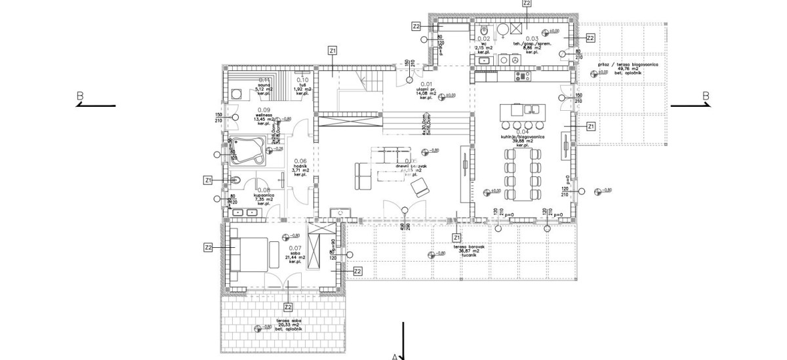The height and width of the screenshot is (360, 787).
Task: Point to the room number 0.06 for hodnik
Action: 300,161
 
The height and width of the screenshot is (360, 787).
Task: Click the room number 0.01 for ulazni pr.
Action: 427,84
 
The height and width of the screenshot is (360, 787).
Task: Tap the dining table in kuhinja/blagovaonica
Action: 522,170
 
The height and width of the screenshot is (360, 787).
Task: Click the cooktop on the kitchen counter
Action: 523,76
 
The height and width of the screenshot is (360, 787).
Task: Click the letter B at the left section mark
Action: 80,96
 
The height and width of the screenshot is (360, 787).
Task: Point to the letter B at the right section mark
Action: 706,96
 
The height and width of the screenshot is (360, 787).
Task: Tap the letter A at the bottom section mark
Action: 395,357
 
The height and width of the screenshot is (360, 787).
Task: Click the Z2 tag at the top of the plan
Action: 527,3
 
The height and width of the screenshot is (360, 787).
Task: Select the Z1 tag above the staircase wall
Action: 333,50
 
